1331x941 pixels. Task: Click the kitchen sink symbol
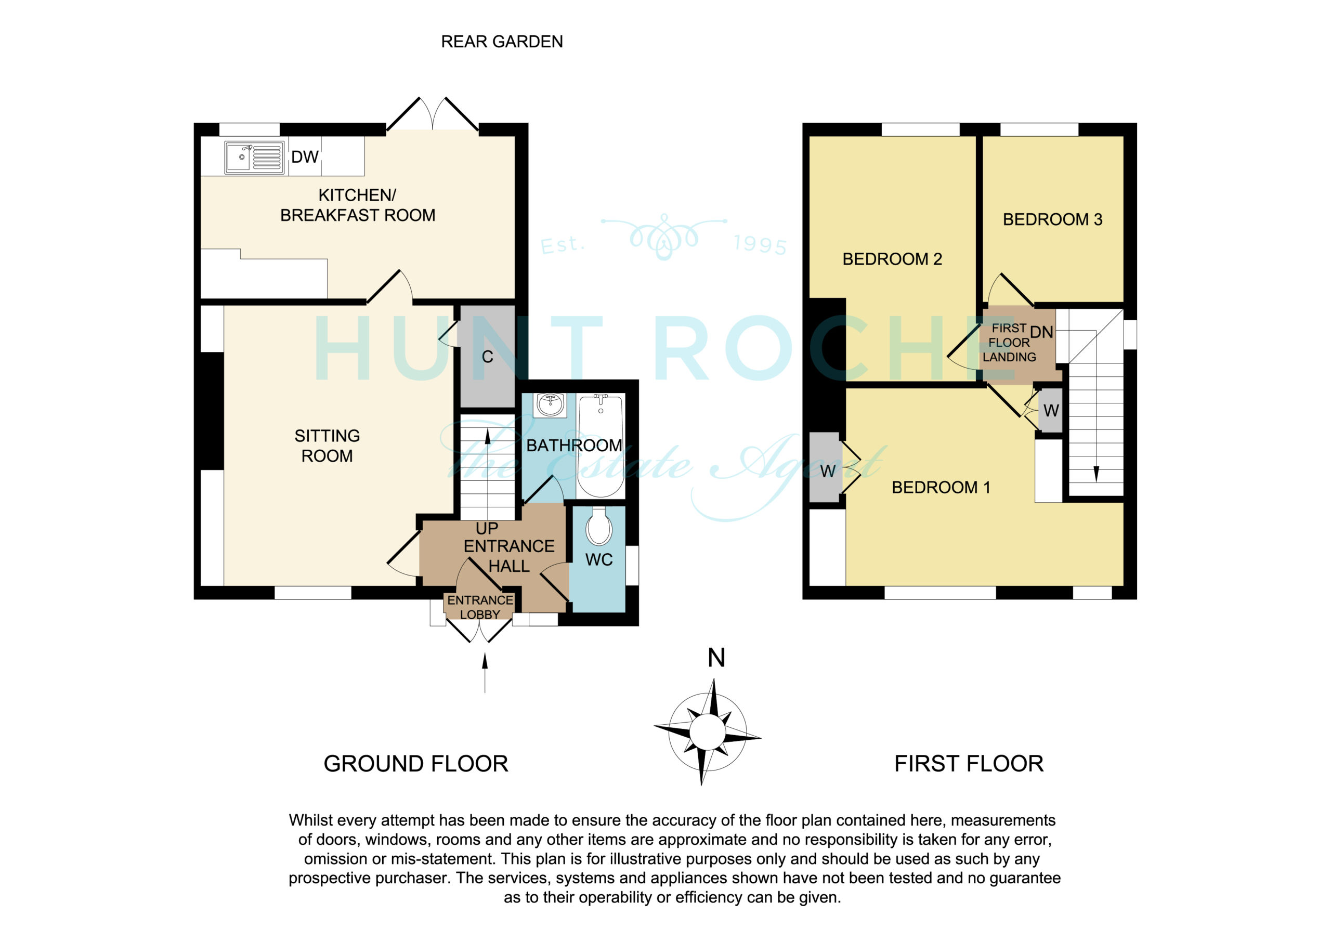(254, 157)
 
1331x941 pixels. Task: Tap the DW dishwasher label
(305, 157)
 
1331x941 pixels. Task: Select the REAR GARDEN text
(502, 42)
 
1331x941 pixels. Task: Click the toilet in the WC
(599, 527)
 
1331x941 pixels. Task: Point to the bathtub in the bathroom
(601, 445)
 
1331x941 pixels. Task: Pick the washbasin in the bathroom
(551, 404)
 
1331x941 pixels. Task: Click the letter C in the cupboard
(488, 357)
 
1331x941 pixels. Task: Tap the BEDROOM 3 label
(1053, 220)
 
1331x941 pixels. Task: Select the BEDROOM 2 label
(892, 259)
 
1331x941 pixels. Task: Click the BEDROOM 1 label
(941, 488)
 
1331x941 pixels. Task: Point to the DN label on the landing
(1042, 332)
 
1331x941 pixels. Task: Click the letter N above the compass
(716, 658)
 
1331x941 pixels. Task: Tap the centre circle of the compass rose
(707, 733)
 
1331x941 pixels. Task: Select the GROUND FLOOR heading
(415, 764)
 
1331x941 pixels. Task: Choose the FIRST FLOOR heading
(969, 764)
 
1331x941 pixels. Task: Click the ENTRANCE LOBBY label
(480, 607)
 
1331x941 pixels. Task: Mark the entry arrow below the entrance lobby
(485, 673)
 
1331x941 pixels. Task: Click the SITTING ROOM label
(327, 446)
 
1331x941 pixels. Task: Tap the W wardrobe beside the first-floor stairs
(1051, 411)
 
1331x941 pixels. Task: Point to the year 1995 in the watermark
(761, 245)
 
